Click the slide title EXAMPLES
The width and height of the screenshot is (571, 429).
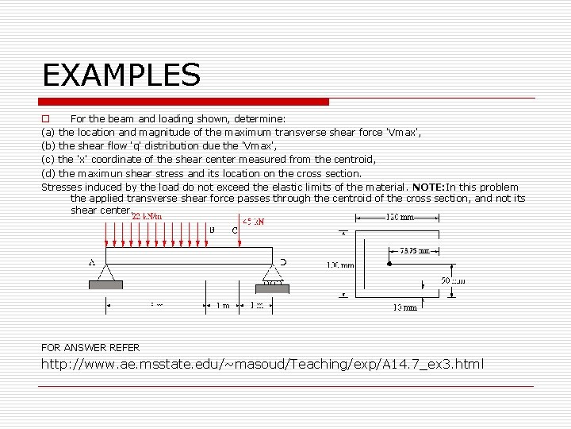(x=121, y=75)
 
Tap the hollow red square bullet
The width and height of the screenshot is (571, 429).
(x=45, y=118)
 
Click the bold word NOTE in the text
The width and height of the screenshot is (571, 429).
(x=428, y=187)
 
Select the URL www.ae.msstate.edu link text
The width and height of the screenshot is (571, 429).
(x=262, y=364)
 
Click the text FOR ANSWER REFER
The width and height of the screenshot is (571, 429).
(x=90, y=347)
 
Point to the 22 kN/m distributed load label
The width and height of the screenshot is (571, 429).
(x=147, y=216)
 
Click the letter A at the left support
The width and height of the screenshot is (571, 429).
(x=93, y=261)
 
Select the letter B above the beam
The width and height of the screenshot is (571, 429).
(x=212, y=230)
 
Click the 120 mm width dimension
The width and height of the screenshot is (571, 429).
(x=400, y=217)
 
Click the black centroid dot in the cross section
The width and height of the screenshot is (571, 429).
(x=389, y=263)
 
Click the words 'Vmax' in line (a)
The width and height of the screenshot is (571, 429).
(x=400, y=132)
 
